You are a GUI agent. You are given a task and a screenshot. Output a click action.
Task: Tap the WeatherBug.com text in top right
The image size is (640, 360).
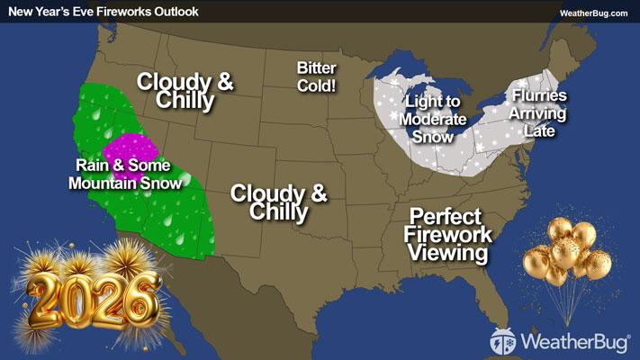[x=593, y=13]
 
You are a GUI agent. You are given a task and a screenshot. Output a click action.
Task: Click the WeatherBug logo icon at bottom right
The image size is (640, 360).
[x=502, y=341]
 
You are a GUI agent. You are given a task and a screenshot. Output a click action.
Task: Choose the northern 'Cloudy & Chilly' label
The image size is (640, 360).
[x=185, y=91]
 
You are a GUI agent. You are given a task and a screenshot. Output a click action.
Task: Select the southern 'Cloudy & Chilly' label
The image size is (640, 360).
[x=278, y=202]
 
